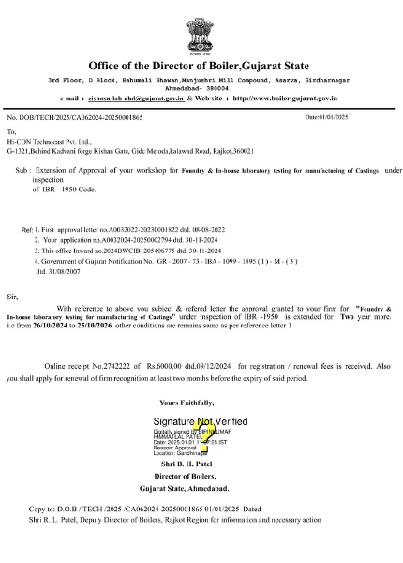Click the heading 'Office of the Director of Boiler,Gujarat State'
click(201, 66)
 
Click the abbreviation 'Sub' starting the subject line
click(36, 170)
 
